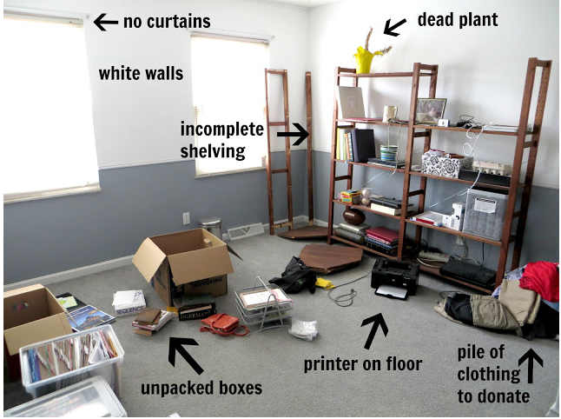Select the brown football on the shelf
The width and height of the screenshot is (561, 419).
tap(354, 216)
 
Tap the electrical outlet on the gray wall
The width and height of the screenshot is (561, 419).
tap(186, 218)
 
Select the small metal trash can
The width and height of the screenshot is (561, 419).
tap(211, 227)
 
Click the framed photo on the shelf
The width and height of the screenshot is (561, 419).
tap(430, 110)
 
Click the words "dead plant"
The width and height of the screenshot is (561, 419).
tap(458, 19)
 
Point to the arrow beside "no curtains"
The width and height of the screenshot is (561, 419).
tap(106, 20)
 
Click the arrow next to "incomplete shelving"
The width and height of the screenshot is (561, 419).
tap(293, 134)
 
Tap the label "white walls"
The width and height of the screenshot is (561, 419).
tap(141, 73)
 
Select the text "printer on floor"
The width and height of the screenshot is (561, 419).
tap(363, 364)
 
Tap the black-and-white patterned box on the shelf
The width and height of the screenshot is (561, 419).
tap(443, 162)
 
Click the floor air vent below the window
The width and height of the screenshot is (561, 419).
tap(245, 231)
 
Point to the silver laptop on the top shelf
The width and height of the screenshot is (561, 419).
tap(351, 102)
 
